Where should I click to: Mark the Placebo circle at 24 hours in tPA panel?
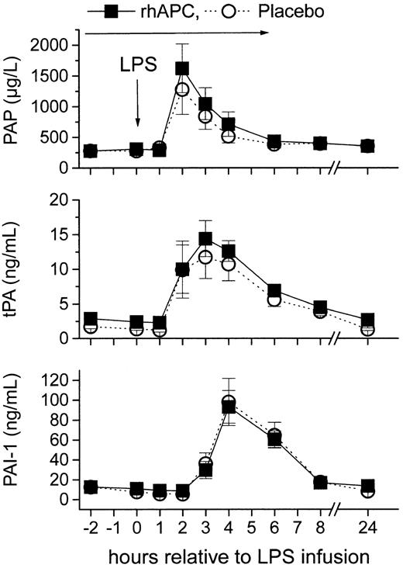(368, 330)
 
